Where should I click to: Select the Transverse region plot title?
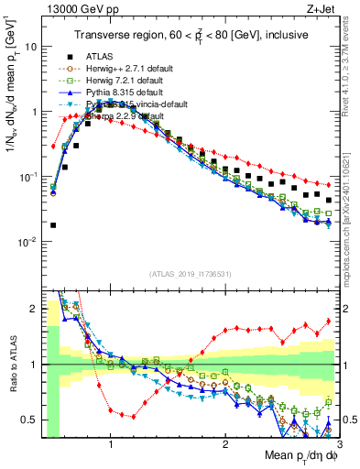pyautogui.click(x=190, y=36)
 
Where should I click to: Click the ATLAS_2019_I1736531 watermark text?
pyautogui.click(x=190, y=273)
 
